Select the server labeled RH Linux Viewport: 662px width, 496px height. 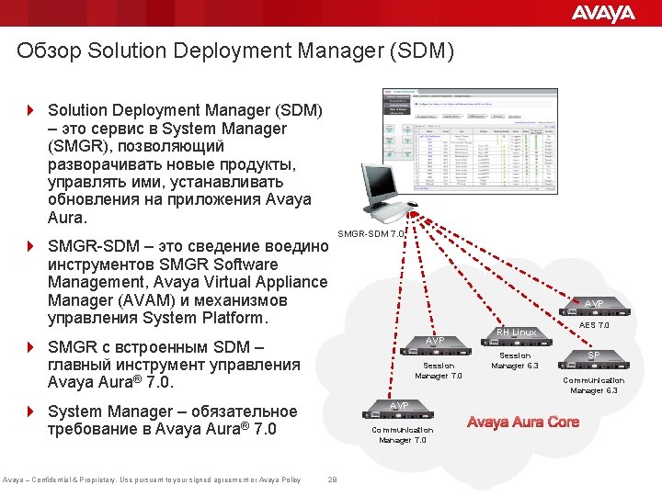(515, 333)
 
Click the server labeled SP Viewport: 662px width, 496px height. (594, 356)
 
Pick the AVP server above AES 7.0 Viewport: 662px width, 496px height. (594, 304)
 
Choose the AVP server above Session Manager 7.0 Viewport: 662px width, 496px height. (437, 342)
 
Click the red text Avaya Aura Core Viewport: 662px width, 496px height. (523, 423)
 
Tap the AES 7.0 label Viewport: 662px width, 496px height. (594, 324)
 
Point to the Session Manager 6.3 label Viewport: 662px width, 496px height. (515, 360)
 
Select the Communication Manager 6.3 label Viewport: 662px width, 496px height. (594, 386)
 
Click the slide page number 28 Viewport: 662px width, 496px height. (332, 479)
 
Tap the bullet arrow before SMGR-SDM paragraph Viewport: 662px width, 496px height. (30, 247)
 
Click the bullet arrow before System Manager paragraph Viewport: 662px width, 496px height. (30, 411)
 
